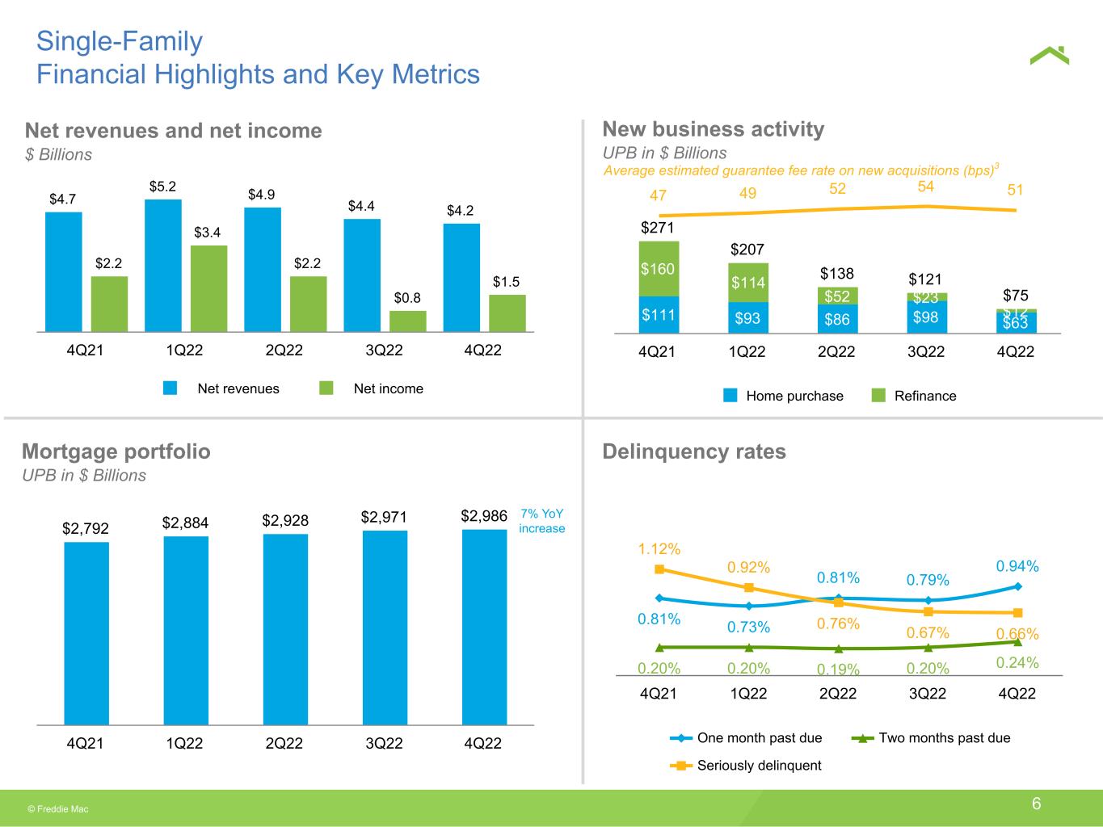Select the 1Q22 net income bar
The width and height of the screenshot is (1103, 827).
tap(208, 288)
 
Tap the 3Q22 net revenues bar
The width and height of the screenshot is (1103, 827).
tap(361, 275)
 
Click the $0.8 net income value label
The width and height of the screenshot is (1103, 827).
tap(407, 298)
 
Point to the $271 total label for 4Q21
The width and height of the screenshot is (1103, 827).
tap(657, 228)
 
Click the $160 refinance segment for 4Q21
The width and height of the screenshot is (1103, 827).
tap(659, 268)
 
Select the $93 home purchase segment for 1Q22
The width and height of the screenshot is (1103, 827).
tap(747, 318)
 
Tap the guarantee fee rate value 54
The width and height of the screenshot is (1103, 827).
tap(926, 187)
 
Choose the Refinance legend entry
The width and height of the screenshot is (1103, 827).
tap(914, 396)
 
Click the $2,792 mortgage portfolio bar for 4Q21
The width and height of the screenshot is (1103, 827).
tap(86, 633)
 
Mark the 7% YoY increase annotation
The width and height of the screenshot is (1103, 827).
tap(541, 521)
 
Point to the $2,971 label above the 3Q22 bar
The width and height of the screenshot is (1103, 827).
tap(384, 516)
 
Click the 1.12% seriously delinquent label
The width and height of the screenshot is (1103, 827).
tap(659, 549)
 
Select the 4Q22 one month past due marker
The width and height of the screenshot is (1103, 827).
tap(1017, 586)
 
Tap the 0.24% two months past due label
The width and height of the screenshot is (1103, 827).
tap(1017, 662)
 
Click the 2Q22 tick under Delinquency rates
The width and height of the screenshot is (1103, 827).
tap(838, 694)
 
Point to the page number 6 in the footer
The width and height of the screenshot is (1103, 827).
tap(1036, 804)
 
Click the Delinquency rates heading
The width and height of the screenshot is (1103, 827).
tap(694, 451)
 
